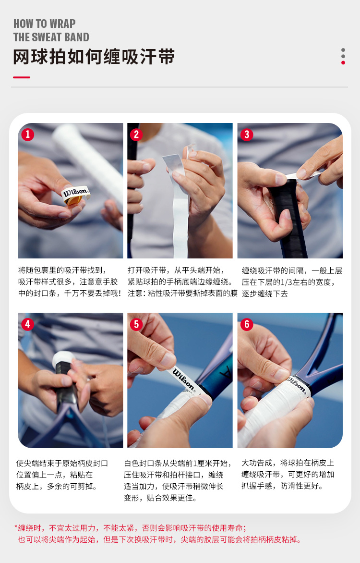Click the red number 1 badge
28,135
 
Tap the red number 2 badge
136,135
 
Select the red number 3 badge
247,135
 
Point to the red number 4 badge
28,324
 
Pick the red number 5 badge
136,324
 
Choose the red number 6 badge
247,324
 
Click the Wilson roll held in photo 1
75,195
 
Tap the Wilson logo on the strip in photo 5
183,379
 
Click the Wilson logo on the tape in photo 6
297,385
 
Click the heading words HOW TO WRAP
45,24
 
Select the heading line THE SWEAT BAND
51,37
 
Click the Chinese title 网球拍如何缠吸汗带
94,57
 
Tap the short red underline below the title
22,77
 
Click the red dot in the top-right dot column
343,63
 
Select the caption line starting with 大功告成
288,463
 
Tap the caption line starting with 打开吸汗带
176,270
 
